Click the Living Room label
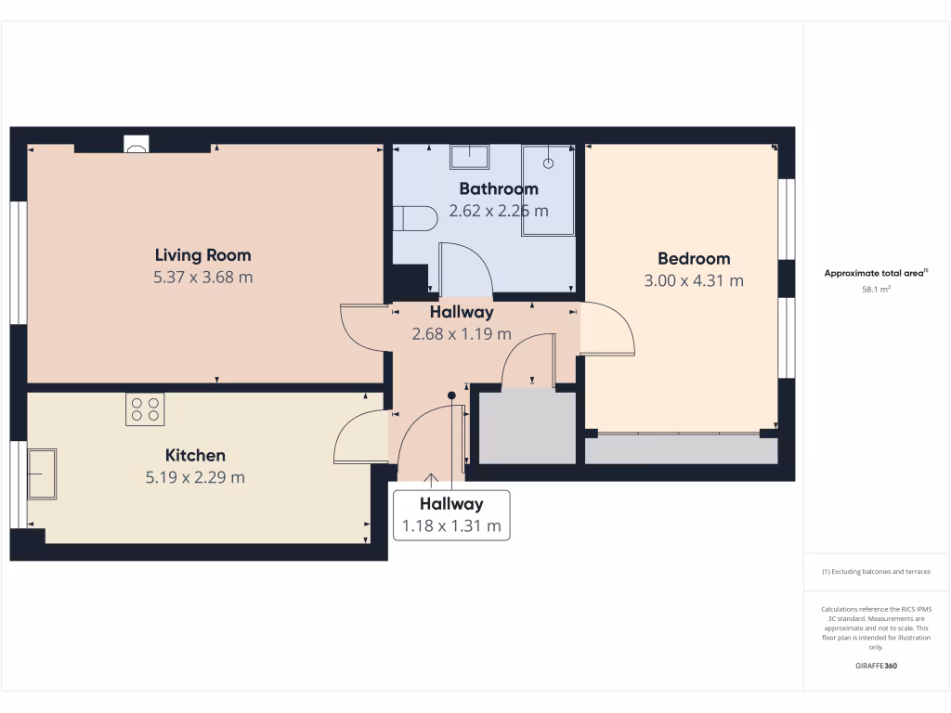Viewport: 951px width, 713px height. pos(202,255)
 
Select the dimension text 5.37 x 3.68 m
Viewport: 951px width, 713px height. pos(202,278)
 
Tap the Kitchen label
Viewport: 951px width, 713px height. pos(195,456)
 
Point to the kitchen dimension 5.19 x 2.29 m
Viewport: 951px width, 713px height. pos(195,478)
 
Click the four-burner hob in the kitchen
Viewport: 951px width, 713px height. pos(145,409)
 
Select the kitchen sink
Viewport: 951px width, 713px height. pos(42,473)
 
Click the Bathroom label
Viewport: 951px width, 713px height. pos(499,189)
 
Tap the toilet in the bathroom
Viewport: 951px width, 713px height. pos(414,219)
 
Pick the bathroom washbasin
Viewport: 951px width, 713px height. pos(470,156)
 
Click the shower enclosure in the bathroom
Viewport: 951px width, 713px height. pos(548,189)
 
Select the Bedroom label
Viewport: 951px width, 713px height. pos(694,259)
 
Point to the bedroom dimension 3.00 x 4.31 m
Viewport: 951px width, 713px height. pos(694,281)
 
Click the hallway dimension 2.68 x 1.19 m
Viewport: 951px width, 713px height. pos(462,334)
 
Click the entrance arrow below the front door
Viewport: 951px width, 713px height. pos(431,480)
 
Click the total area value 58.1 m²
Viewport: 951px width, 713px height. pos(876,290)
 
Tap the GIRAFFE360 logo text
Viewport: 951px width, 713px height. pos(876,666)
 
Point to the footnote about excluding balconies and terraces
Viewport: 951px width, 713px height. pos(876,572)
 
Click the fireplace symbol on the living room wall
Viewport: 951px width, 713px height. pos(136,144)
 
